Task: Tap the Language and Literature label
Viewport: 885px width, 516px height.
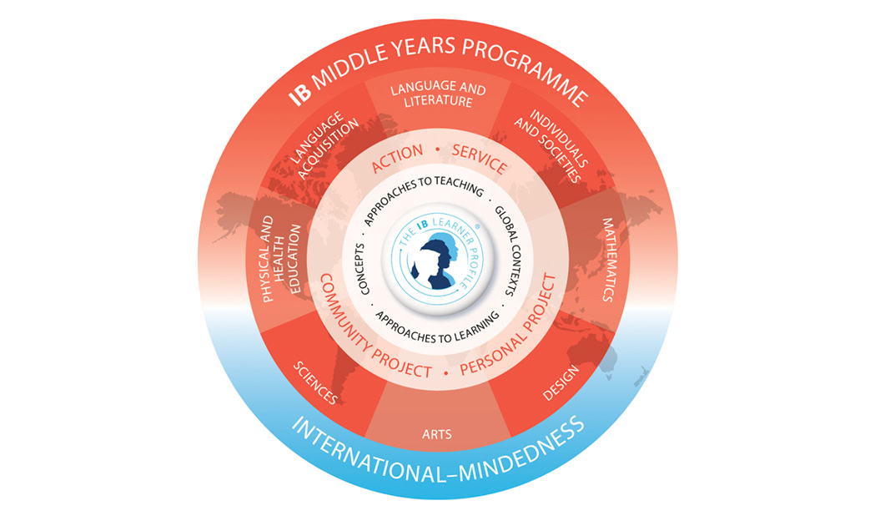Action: click(x=438, y=94)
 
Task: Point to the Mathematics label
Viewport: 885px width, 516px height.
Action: click(x=608, y=260)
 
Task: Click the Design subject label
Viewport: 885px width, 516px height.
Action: click(x=561, y=382)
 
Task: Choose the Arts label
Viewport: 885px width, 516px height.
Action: click(x=437, y=435)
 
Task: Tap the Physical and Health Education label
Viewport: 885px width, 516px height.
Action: click(x=281, y=258)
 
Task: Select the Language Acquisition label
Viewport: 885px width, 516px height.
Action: click(x=324, y=146)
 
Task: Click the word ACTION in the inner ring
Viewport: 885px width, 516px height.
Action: click(x=397, y=159)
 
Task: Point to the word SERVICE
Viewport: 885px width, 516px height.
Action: click(x=480, y=159)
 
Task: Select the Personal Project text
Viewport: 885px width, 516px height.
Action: click(x=510, y=328)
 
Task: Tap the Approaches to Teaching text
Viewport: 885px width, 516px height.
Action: click(x=423, y=197)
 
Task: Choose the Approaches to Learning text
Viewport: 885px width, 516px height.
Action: click(x=437, y=329)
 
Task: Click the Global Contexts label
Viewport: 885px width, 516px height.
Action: click(x=506, y=251)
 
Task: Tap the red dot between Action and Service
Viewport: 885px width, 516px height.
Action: click(x=437, y=149)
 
